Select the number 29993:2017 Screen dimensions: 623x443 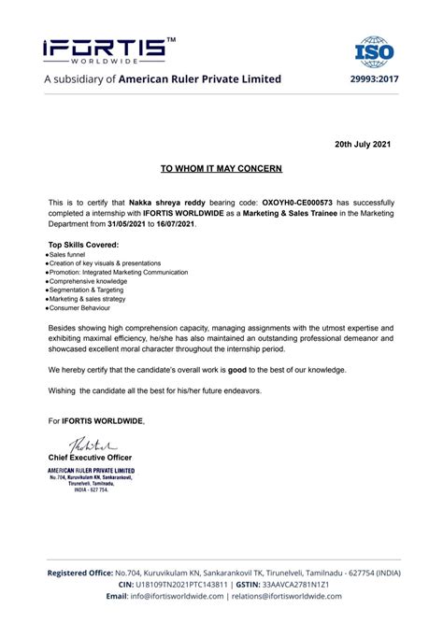(374, 79)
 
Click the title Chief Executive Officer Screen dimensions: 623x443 (93, 457)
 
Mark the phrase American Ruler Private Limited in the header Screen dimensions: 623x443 (200, 79)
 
